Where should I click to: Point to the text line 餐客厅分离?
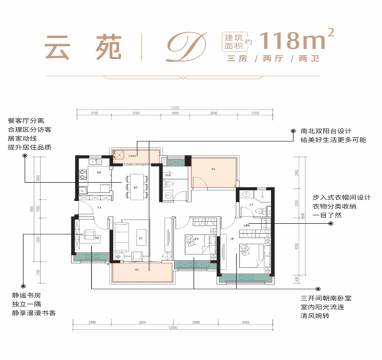point(27,120)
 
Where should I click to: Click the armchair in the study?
point(89,234)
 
